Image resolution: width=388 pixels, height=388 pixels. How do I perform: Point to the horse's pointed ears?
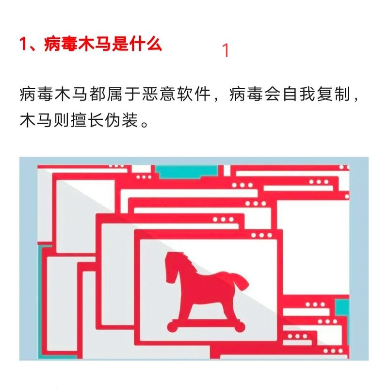pos(174,254)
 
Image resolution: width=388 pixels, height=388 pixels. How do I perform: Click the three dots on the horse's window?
pos(262,235)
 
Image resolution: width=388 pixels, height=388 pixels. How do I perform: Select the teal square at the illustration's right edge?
pos(343,306)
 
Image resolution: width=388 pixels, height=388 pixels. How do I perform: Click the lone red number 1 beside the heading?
pos(225,50)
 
